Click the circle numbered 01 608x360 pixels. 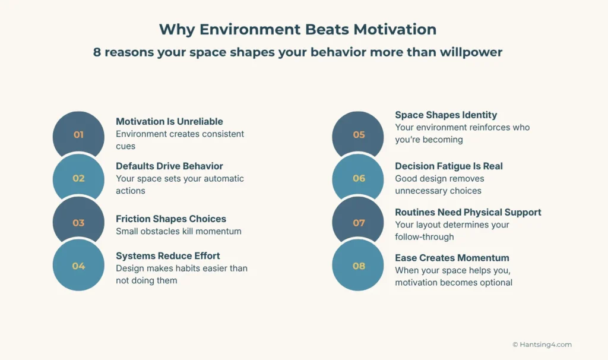(x=78, y=135)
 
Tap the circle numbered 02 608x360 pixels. (x=78, y=178)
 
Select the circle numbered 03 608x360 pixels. (x=78, y=223)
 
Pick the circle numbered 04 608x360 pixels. (x=78, y=266)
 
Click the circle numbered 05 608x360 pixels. (x=359, y=135)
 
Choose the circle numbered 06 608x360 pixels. (x=359, y=178)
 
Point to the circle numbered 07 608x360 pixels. (x=359, y=223)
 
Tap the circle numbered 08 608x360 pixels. (x=359, y=266)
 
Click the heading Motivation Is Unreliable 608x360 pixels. (x=169, y=121)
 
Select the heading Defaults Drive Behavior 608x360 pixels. (x=169, y=166)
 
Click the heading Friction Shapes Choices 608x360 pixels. (x=171, y=219)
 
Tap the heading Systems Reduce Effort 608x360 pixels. (x=168, y=255)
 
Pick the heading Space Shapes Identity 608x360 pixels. (x=446, y=115)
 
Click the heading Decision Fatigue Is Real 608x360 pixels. (x=449, y=166)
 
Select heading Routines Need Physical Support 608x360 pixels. (x=468, y=212)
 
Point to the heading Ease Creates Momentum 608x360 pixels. (x=452, y=258)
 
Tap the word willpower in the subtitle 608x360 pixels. (x=471, y=52)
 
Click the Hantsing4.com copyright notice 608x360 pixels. (x=541, y=345)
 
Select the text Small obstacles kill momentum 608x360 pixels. (x=178, y=231)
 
